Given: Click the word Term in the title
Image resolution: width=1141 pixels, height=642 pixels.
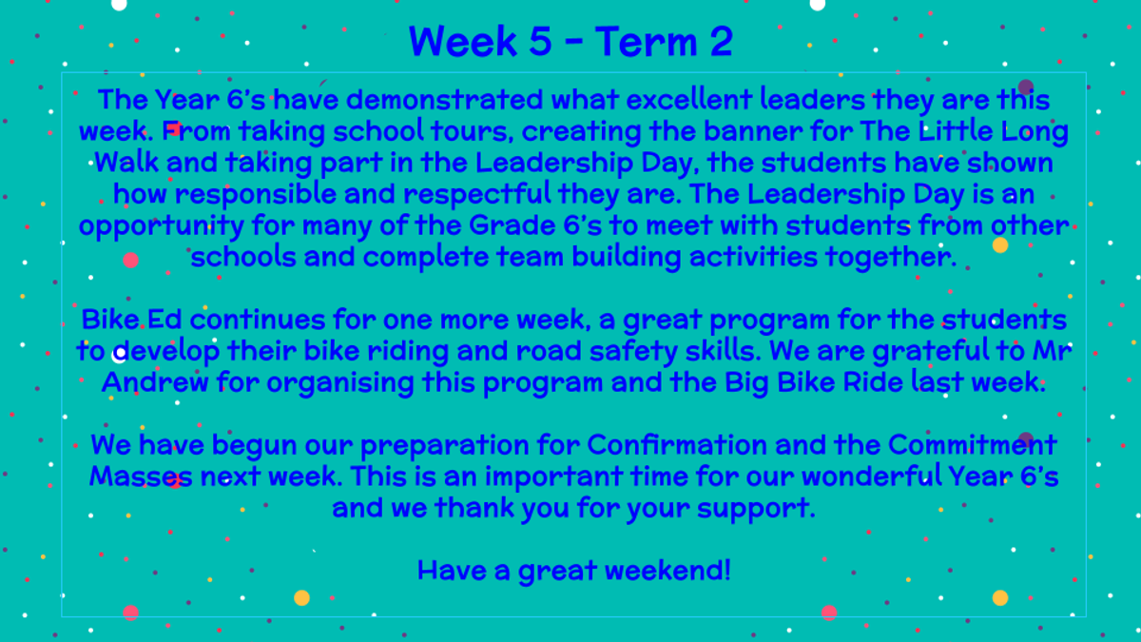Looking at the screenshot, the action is pos(646,41).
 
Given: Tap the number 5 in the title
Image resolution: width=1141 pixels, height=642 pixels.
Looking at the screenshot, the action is pos(540,41).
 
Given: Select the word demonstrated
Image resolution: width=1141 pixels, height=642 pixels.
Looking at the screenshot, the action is pos(445,99).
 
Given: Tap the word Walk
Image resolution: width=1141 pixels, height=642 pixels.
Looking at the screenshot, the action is pos(126,163).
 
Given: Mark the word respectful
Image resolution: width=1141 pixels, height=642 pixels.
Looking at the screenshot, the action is pos(476,195).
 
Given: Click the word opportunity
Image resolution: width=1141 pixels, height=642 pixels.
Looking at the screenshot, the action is pos(162,226).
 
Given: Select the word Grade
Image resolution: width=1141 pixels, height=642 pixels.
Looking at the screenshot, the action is pos(512,225).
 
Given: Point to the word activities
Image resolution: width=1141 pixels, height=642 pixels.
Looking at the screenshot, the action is pos(753,257).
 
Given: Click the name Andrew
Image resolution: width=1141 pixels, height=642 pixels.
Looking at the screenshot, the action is pos(155,382).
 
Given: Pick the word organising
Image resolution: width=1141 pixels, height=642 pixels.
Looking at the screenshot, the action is pos(339,383).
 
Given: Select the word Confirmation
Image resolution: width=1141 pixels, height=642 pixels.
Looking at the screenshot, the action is pos(677,445).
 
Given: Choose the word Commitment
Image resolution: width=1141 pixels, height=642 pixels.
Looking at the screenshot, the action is pos(973,445).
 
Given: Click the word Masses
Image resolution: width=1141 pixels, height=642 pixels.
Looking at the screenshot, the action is pos(141,477).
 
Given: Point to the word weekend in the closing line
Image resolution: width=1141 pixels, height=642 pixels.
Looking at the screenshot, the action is pos(664,570).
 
